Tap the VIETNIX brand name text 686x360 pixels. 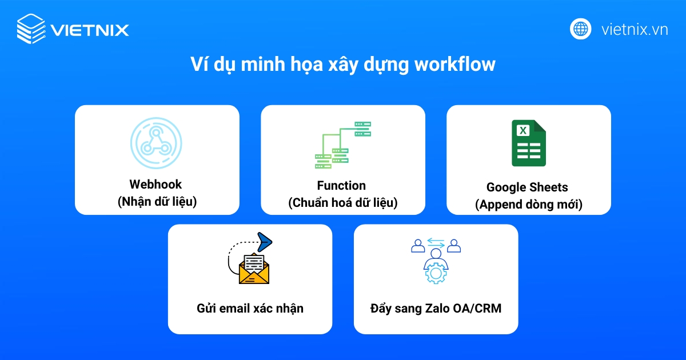pyautogui.click(x=90, y=29)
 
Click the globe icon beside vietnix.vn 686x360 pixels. pyautogui.click(x=581, y=29)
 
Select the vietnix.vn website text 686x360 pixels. pyautogui.click(x=635, y=29)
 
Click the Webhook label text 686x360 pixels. pyautogui.click(x=155, y=184)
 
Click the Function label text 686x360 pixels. pyautogui.click(x=341, y=185)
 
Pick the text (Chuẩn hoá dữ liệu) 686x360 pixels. pyautogui.click(x=342, y=202)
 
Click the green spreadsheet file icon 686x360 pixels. pyautogui.click(x=528, y=143)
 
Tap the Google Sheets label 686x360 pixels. pyautogui.click(x=527, y=187)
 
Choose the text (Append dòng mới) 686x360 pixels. pyautogui.click(x=528, y=204)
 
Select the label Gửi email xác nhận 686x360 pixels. pyautogui.click(x=250, y=309)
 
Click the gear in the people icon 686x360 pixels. pyautogui.click(x=436, y=273)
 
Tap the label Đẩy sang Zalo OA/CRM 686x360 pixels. pyautogui.click(x=436, y=309)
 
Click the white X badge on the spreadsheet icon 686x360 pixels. pyautogui.click(x=522, y=130)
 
